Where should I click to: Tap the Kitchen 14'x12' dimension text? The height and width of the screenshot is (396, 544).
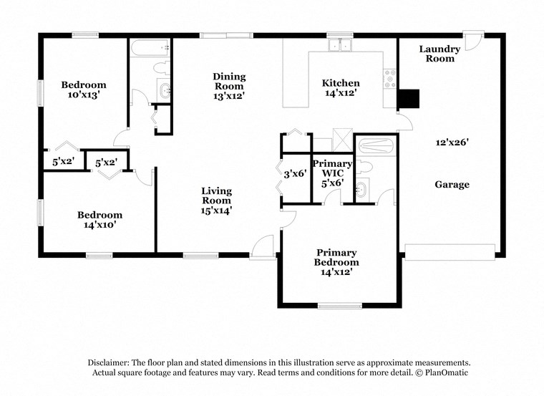[341, 92]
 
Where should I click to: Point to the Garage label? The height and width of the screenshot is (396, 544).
[452, 185]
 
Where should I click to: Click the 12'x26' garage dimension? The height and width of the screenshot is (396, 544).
[452, 143]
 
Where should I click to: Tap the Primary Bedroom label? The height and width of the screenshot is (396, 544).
[337, 257]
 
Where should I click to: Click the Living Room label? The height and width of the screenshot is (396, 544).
[216, 195]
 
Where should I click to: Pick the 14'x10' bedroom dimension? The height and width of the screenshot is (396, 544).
[99, 224]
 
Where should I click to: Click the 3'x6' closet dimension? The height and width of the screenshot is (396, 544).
[296, 173]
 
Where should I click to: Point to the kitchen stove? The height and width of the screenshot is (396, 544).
[390, 79]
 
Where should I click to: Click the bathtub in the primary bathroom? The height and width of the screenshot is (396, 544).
[376, 146]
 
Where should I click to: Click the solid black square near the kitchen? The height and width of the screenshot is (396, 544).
[407, 98]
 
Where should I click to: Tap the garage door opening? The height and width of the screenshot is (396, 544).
[450, 251]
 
